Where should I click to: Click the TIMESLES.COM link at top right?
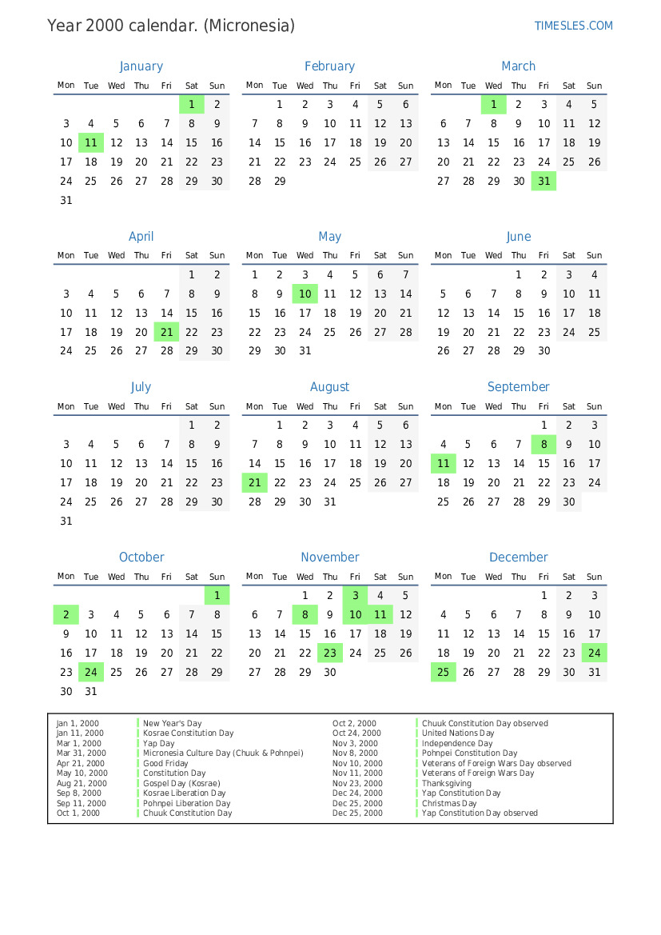[573, 26]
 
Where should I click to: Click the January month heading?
[141, 66]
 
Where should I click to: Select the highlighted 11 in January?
[91, 143]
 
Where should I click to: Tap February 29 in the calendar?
[280, 182]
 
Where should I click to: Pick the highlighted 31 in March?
[544, 182]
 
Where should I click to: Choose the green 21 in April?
[166, 332]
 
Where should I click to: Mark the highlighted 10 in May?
[305, 294]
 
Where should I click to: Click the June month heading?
[518, 237]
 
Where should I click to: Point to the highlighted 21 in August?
[254, 482]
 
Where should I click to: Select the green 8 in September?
[544, 444]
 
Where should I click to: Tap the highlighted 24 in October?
[91, 672]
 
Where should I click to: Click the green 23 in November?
[330, 653]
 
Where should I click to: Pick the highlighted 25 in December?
[443, 672]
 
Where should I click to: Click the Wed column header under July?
[116, 406]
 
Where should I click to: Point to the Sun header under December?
[594, 577]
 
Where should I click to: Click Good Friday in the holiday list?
[165, 763]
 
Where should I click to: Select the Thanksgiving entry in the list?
[446, 783]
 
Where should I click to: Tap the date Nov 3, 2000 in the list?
[355, 743]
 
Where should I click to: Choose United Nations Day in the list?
[457, 733]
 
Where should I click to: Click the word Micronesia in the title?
[249, 26]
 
